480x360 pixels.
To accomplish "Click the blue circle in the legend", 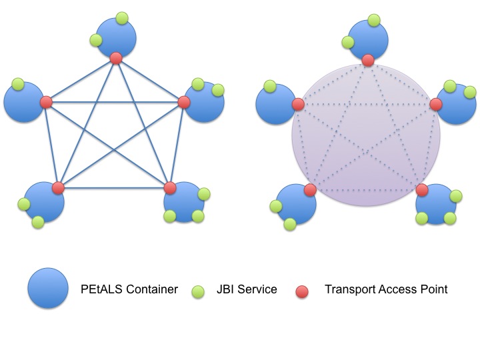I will [47, 289].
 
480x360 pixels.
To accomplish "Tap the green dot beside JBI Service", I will [197, 291].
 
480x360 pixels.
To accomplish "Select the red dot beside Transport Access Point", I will [303, 291].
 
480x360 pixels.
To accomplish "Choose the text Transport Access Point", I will [386, 289].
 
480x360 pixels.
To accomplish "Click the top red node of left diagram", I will [116, 58].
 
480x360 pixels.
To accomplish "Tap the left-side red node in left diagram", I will [46, 102].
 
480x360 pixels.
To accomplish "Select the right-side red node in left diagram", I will [185, 102].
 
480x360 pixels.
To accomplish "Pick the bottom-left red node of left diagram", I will [58, 187].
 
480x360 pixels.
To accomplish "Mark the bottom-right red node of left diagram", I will [169, 187].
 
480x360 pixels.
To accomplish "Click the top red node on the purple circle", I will [368, 61].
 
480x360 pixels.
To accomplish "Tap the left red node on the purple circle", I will [298, 105].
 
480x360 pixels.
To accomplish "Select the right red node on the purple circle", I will [436, 104].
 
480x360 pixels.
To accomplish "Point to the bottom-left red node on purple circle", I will [310, 191].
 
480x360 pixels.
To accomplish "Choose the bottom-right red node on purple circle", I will [421, 190].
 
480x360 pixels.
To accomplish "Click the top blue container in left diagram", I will [116, 37].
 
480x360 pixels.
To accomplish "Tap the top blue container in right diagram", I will [368, 40].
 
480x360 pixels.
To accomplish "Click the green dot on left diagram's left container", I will [19, 85].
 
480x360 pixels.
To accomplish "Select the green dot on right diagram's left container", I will [270, 87].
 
